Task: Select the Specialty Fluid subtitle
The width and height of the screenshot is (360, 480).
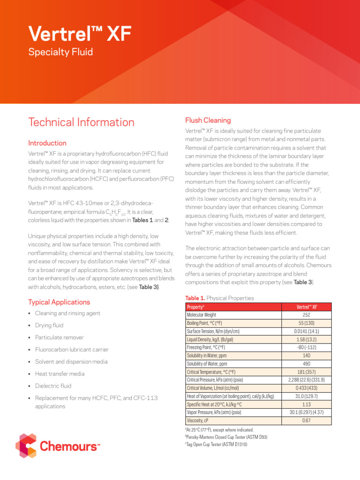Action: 60,52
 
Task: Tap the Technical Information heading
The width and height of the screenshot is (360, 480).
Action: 81,122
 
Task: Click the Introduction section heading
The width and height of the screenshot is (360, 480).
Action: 47,143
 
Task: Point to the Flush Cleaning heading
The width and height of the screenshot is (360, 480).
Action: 208,120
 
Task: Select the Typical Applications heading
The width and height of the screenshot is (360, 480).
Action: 59,302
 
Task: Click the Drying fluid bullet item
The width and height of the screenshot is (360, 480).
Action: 49,325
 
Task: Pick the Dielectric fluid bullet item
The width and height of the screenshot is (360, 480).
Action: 53,386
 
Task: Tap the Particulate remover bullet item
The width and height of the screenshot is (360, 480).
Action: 59,337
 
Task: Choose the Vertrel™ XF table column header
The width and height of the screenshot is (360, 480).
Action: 306,307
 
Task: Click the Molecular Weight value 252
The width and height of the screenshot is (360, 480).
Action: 306,315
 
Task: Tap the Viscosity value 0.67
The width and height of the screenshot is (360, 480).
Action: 306,420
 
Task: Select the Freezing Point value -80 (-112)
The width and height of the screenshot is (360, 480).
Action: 306,347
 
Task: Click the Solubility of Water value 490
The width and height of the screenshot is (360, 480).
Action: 306,364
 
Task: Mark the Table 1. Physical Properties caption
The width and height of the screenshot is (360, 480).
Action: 220,298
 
